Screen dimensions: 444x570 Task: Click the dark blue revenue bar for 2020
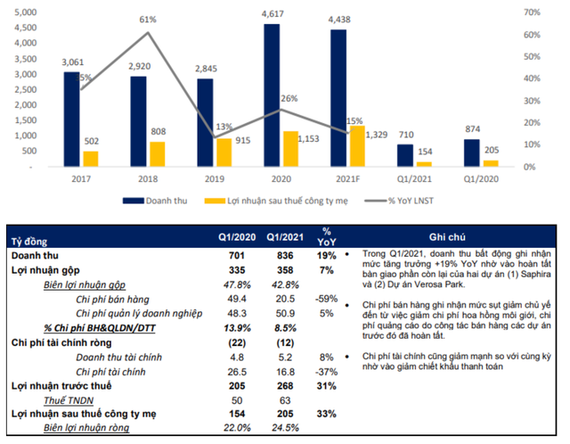(272, 95)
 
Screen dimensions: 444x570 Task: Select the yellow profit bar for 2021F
(356, 146)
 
